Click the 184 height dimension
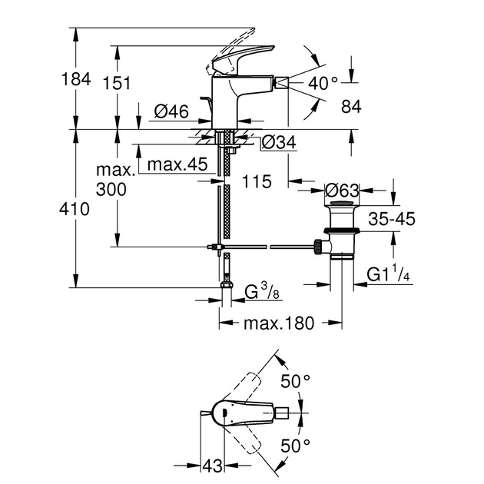coord(78,78)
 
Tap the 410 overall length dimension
coord(78,208)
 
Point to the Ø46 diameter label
coord(171,111)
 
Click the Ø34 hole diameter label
coord(279,142)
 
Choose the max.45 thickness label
coord(177,164)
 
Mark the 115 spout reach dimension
coord(257,182)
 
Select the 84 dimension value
coord(351,107)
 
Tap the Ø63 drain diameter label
coord(342,189)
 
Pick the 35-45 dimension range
coord(391,219)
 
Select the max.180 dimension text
coord(280,323)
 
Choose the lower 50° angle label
coord(294,445)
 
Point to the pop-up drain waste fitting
coord(337,230)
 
